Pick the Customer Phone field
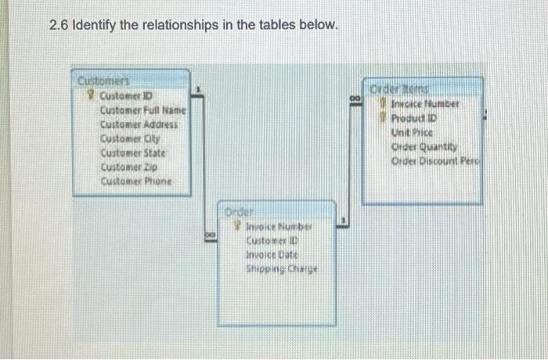(x=135, y=181)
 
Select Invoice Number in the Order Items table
(x=425, y=103)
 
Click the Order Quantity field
(x=423, y=147)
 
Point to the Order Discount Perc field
(x=435, y=161)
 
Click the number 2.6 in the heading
(x=58, y=26)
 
